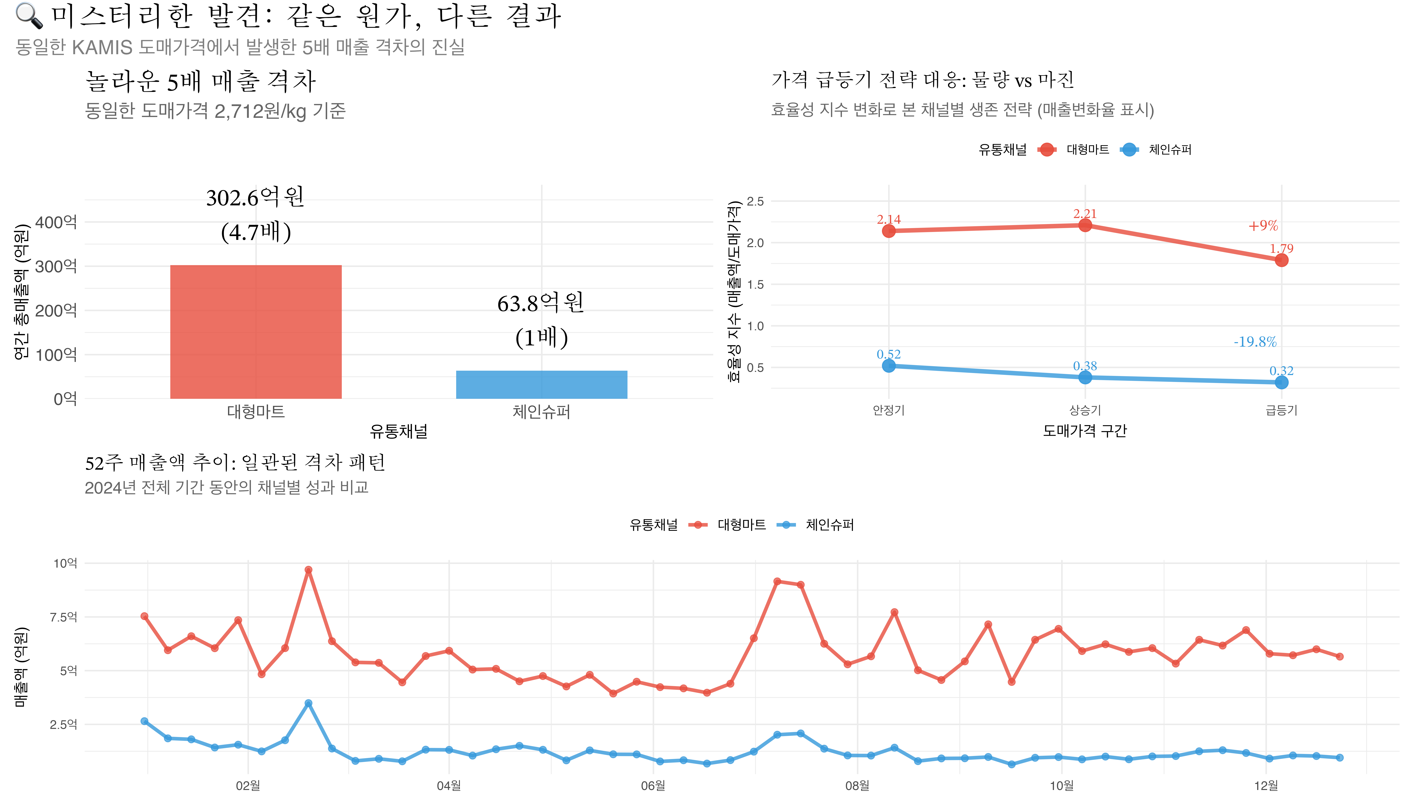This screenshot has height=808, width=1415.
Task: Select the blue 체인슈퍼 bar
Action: [541, 385]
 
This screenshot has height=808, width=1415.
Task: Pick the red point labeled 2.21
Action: [1084, 225]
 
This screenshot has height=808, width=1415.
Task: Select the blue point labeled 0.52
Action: [889, 366]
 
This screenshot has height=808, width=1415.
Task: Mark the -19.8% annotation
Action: [1255, 342]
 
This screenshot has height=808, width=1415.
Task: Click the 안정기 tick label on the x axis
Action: [889, 410]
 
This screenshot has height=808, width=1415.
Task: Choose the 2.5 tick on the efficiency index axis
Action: [755, 201]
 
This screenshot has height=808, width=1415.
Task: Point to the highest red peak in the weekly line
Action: [308, 570]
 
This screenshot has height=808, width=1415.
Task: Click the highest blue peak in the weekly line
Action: [308, 703]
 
